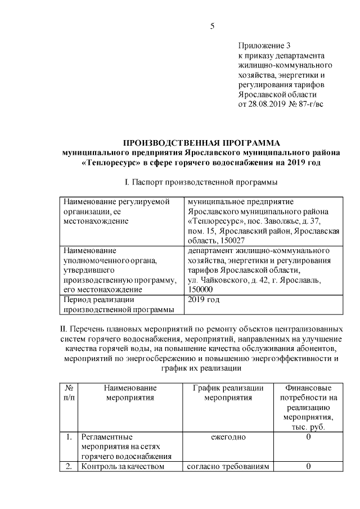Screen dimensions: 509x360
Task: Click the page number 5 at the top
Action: point(213,26)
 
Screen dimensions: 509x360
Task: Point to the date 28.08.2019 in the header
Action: point(267,104)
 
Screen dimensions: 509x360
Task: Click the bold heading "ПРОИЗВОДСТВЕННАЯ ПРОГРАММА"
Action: point(201,143)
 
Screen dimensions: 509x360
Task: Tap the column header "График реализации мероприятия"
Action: point(228,393)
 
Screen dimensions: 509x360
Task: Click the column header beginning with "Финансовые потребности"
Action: point(308,407)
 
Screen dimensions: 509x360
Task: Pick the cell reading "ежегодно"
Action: point(228,437)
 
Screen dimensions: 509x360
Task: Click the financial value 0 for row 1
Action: point(308,437)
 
